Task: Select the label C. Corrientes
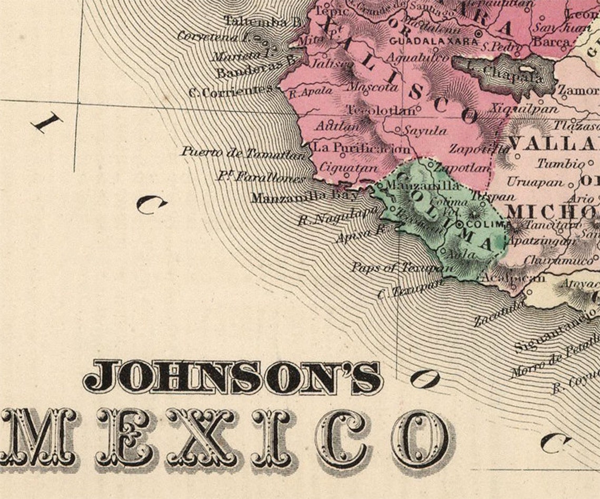[x=231, y=92]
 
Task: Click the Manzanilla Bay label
[x=305, y=197]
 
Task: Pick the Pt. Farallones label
[x=261, y=176]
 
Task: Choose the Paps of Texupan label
[x=402, y=267]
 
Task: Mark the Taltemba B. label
[x=263, y=22]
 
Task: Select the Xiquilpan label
[x=524, y=108]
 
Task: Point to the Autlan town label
[x=337, y=126]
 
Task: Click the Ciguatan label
[x=348, y=168]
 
